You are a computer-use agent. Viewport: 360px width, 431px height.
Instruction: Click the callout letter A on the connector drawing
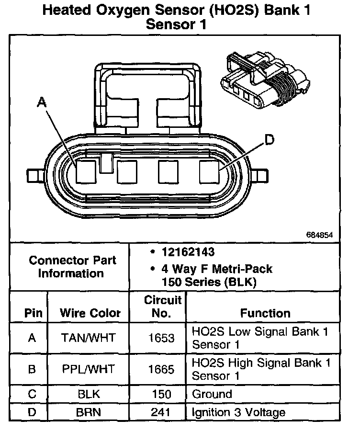[42, 101]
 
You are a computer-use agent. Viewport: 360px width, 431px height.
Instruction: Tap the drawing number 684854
[320, 235]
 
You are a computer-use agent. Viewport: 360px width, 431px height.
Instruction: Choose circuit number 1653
[161, 338]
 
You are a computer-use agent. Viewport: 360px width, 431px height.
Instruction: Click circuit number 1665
[161, 369]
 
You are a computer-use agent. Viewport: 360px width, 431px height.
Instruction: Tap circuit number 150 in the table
[161, 394]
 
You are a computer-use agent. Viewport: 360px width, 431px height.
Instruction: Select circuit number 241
[161, 412]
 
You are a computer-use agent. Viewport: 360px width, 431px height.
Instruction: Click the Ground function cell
[212, 394]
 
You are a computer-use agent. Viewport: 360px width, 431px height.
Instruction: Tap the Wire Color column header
[90, 313]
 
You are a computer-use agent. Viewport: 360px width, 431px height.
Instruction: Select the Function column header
[265, 313]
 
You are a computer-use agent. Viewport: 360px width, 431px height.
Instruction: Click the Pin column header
[33, 313]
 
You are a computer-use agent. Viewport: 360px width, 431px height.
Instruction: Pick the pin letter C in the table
[32, 394]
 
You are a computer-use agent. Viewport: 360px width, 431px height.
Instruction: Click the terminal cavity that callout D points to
[209, 171]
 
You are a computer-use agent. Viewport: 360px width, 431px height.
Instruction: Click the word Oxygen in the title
[130, 11]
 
